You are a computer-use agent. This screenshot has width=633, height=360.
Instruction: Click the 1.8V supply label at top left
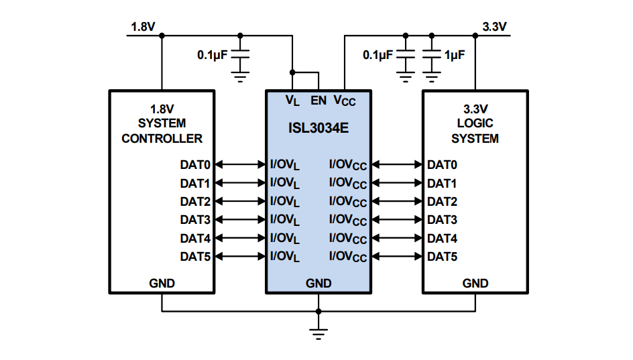tap(143, 27)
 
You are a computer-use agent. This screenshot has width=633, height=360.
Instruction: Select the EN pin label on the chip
tap(319, 101)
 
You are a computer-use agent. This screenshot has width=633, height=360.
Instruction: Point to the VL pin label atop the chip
tap(292, 101)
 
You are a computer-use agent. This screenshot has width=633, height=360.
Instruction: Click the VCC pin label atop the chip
tap(345, 101)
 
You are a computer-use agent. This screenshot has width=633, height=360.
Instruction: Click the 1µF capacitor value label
tap(454, 55)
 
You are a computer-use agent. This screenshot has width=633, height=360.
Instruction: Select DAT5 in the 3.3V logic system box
tap(442, 256)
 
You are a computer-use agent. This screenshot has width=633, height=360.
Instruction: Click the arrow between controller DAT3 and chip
tap(240, 219)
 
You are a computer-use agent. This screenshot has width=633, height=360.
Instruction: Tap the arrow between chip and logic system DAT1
tap(397, 183)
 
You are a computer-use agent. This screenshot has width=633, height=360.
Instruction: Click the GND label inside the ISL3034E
tap(319, 283)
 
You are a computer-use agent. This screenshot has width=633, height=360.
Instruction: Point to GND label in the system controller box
tap(162, 283)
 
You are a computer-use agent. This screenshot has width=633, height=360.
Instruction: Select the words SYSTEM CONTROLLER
tap(162, 131)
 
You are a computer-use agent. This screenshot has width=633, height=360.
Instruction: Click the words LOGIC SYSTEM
tap(475, 131)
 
